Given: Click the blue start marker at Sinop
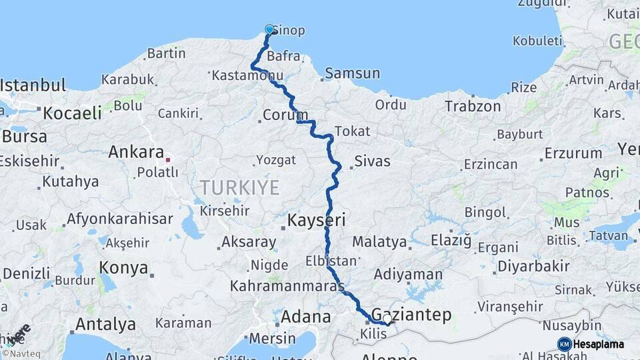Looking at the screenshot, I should coord(270,29).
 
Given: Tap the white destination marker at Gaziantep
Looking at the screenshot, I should coord(387,320).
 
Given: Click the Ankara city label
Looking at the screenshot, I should coord(136,151).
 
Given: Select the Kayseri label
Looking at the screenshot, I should coord(316,220).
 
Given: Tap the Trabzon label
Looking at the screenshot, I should coord(473,106).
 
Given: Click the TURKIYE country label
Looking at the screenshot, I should coord(239,188).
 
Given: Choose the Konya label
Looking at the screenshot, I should coord(123,268).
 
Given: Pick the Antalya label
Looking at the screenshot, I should coord(105,325).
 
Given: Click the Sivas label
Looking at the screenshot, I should coord(373,161).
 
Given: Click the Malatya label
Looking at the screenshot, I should coord(375,241).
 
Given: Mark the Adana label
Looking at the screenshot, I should coord(306,316).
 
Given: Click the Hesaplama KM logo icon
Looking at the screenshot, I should coord(565,344).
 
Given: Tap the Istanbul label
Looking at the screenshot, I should coord(33,85).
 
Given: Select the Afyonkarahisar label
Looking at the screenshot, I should coord(119,219).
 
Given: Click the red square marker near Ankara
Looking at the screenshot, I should coord(167,160).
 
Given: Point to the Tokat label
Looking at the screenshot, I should coord(351,131).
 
